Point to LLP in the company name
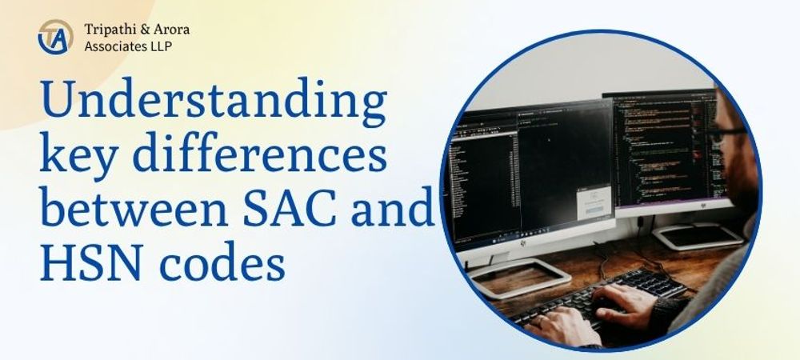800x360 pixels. [162, 46]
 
